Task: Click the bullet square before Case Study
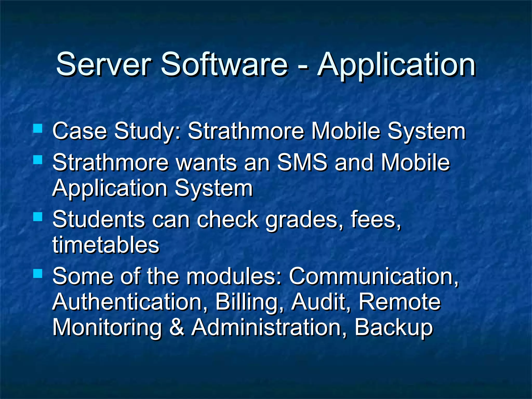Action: coord(38,128)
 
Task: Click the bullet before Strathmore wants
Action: coord(38,160)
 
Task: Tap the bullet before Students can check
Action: coord(38,216)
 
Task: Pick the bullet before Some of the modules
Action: coord(38,273)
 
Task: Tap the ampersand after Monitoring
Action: coord(177,327)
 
